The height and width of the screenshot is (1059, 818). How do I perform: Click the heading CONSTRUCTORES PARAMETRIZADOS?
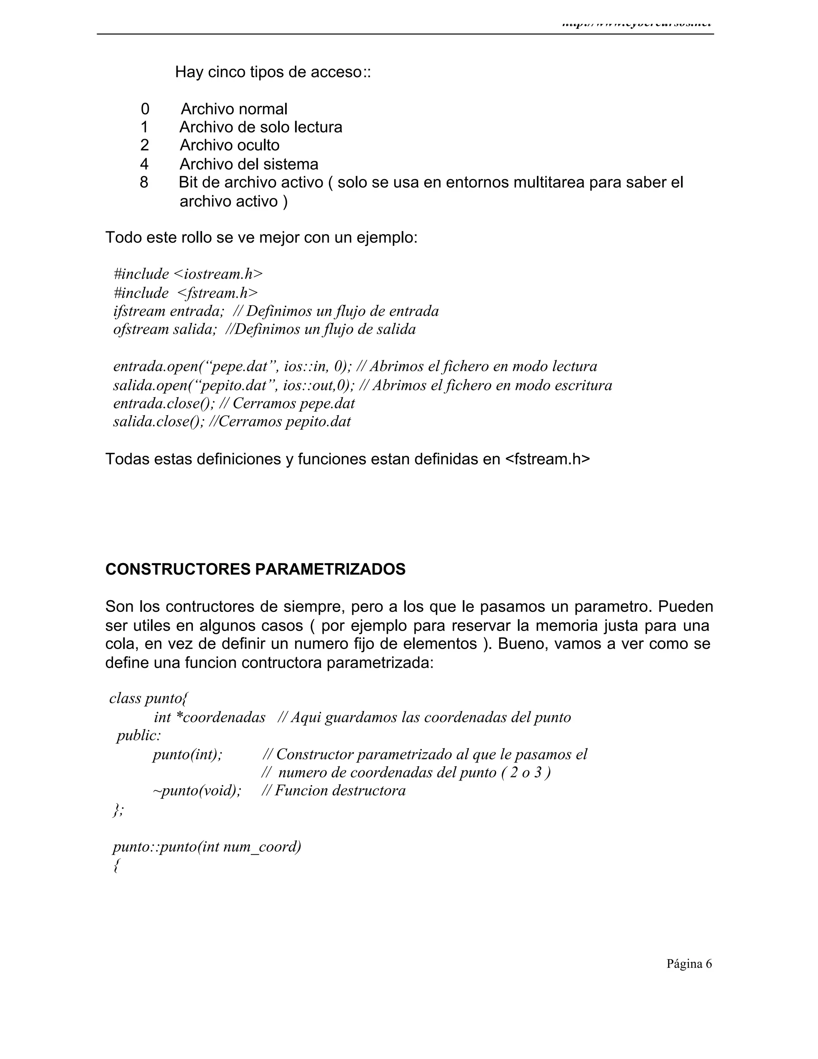click(x=255, y=569)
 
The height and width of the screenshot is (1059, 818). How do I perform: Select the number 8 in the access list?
click(x=144, y=182)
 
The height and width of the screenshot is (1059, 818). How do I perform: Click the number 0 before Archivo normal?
click(x=145, y=109)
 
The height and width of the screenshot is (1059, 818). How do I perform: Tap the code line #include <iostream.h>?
click(x=188, y=274)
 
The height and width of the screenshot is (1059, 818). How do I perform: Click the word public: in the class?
click(x=139, y=736)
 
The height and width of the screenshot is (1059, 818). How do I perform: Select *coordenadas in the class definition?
click(x=220, y=717)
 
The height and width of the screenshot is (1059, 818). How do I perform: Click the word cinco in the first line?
click(x=227, y=72)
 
